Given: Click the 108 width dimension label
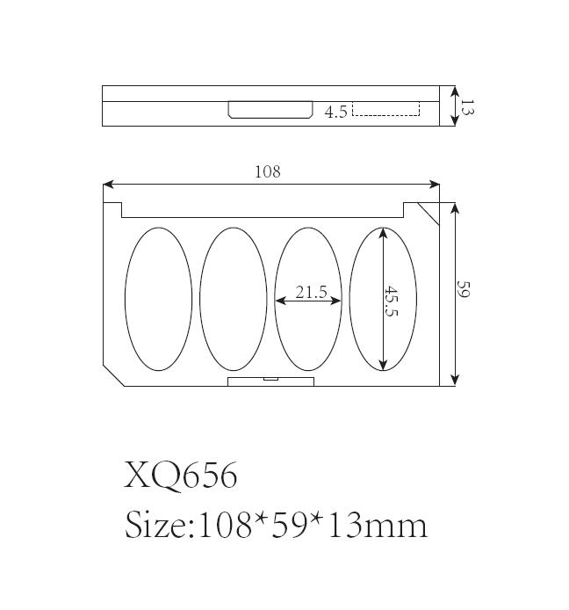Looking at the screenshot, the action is point(268,171).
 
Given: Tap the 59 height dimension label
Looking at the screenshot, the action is point(464,288).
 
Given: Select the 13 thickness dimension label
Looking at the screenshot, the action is point(467,106).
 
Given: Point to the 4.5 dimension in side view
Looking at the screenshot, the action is point(335,112).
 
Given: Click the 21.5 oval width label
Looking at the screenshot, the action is point(312,292).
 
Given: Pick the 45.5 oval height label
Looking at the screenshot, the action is point(391,301).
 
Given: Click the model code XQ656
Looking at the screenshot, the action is point(180,475).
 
